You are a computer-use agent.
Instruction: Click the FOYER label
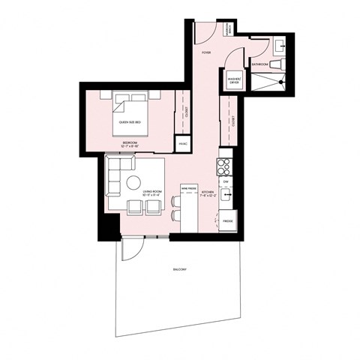[206, 54]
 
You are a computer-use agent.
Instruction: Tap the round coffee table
[135, 182]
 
